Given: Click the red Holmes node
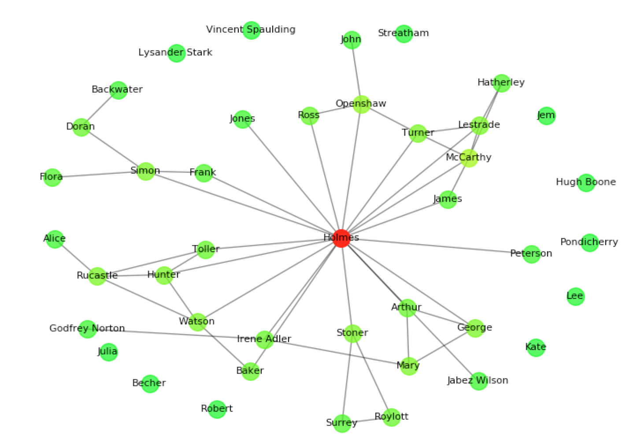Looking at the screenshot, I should click(341, 238).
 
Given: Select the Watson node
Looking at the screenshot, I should click(197, 322).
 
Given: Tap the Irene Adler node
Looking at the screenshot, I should click(264, 339).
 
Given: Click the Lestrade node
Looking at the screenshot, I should click(479, 125).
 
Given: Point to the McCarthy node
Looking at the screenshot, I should click(469, 158).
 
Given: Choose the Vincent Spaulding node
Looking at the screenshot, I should click(251, 30).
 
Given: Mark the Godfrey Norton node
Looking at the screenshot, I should click(87, 329).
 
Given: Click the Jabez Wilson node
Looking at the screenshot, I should click(478, 381).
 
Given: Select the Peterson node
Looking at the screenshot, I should click(531, 254).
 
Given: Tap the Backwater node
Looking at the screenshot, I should click(118, 90).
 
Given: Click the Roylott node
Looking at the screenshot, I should click(391, 417).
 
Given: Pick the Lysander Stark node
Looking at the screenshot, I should click(176, 53).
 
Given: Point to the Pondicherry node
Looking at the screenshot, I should click(589, 242).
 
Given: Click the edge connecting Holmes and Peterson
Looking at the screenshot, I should click(436, 246).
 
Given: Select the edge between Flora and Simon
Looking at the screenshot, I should click(99, 174).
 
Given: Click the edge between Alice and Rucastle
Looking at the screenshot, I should click(76, 257).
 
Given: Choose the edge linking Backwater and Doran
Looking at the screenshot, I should click(100, 108).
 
